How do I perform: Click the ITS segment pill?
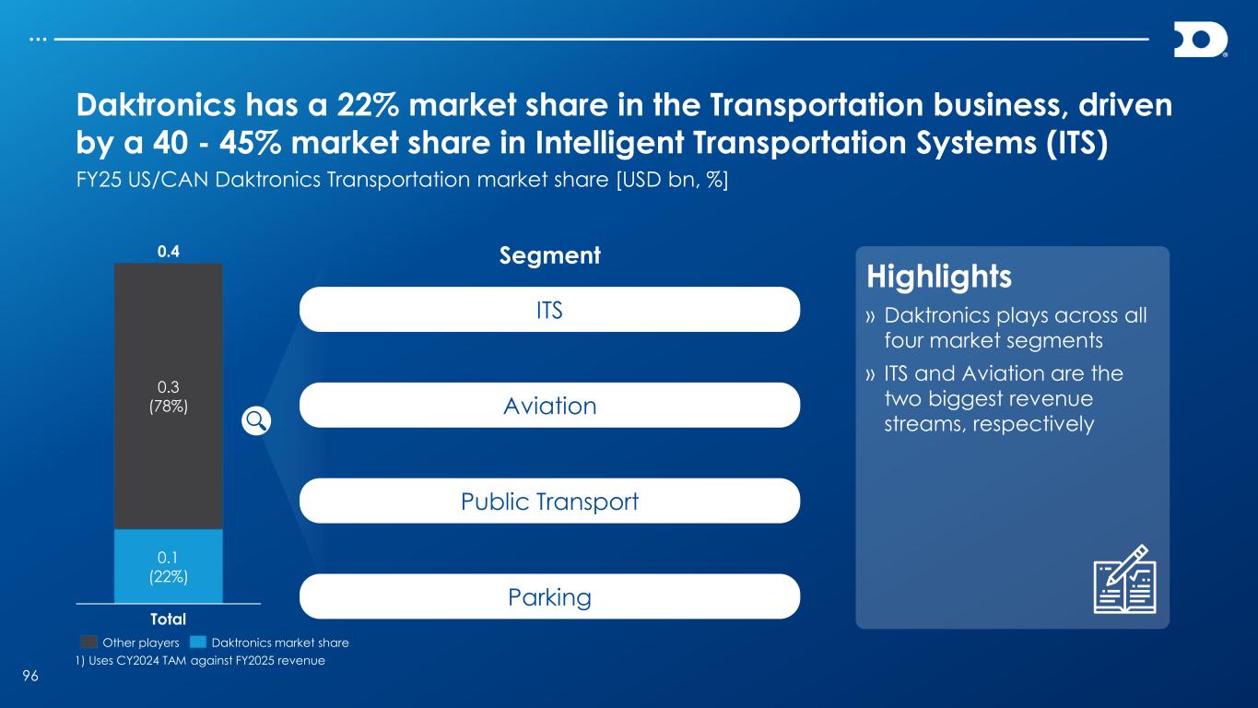[549, 310]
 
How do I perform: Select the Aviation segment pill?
[549, 405]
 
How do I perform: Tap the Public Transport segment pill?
[549, 501]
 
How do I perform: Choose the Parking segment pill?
[549, 596]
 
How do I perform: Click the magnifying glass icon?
[256, 421]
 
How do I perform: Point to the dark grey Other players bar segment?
[169, 396]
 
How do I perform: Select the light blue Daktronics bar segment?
[169, 566]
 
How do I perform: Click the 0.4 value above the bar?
[169, 251]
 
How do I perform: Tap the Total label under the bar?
[168, 619]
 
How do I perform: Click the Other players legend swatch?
[89, 643]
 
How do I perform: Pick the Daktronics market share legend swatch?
[198, 643]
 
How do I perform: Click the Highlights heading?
[939, 277]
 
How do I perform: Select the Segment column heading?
[550, 255]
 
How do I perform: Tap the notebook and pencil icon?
[1124, 579]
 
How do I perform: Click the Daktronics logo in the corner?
[1201, 40]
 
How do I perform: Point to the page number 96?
[30, 676]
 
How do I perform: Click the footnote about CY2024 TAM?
[201, 661]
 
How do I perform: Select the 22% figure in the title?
[368, 105]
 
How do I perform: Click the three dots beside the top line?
[38, 40]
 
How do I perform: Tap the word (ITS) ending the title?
[1077, 143]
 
